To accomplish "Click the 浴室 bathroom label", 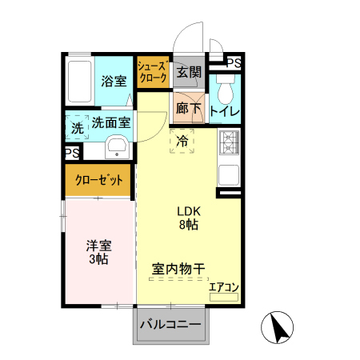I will tap(114, 80).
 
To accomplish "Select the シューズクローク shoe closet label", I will tap(152, 72).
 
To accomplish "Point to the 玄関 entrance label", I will tap(189, 73).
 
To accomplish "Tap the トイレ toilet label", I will tap(223, 111).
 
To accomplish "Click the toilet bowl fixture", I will tap(223, 84).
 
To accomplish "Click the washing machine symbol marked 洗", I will tap(77, 126).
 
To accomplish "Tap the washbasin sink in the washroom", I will tap(116, 147).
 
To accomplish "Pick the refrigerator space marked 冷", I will tap(182, 141).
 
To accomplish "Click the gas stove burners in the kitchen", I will tap(229, 142).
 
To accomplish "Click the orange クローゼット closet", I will tap(98, 180).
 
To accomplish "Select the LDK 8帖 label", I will tap(189, 218).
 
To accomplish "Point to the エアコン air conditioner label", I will tap(224, 286).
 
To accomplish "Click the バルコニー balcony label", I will tap(171, 325).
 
